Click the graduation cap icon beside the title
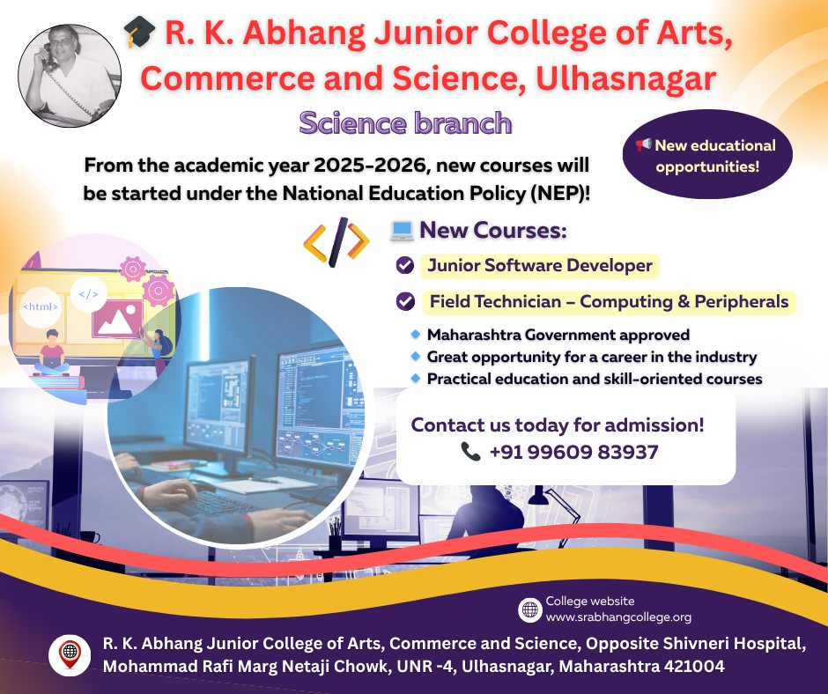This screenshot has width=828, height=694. pos(139,31)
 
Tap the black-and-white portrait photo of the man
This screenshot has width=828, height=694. pos(70,76)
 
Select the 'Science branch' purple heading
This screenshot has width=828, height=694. pos(405,123)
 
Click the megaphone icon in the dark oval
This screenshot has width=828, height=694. pos(643,144)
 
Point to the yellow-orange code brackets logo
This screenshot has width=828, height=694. pos(336,242)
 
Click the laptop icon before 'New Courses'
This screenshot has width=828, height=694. pos(402,230)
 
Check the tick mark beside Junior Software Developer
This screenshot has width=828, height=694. pos(405,265)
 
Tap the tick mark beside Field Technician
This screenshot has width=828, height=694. pos(405,301)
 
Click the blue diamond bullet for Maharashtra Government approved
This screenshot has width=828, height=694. pos(416,335)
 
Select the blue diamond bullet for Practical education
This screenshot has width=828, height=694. pos(416,378)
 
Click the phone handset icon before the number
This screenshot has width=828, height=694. pos(470,452)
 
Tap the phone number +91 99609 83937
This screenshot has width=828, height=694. pos(574,452)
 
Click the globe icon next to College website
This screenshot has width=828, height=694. pos(529,609)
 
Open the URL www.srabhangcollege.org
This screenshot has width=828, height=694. pos(618,616)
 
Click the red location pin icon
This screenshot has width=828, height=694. pos(70,654)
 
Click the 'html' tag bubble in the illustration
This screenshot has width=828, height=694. pos(41,306)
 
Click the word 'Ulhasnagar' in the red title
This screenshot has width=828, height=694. pos(625,78)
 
